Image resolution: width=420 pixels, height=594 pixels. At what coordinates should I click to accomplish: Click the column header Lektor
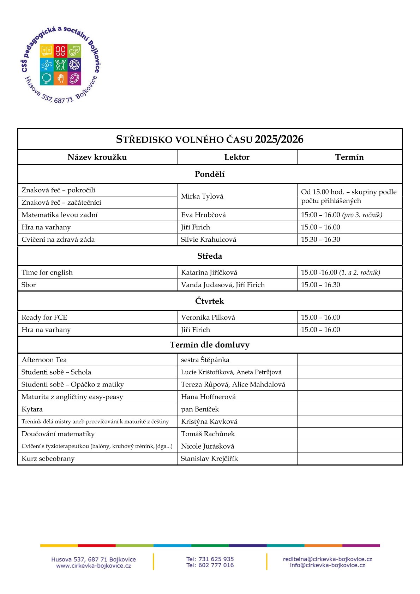(237, 157)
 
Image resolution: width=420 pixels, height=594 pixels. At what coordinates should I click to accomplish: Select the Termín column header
(349, 157)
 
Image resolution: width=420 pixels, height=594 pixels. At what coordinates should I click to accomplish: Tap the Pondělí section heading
(210, 174)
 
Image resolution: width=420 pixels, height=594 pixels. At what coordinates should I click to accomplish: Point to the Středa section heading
(210, 256)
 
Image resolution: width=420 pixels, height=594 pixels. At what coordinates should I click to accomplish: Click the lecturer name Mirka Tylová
(202, 196)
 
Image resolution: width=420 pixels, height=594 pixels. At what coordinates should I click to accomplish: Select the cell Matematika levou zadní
(59, 215)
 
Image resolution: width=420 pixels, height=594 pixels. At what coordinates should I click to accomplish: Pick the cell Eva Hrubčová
(203, 215)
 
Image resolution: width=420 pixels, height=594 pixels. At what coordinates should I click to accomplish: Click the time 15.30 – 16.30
(320, 239)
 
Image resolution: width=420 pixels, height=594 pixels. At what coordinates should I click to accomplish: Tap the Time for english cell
(47, 272)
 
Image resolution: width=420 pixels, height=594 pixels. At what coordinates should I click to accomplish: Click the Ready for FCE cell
(44, 317)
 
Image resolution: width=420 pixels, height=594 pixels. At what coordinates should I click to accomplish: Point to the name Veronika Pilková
(208, 317)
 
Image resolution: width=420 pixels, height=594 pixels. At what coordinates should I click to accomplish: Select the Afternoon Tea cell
(44, 360)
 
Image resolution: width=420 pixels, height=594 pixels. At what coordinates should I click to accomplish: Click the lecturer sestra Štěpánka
(205, 360)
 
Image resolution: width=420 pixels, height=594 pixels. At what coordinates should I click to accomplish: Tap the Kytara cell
(32, 409)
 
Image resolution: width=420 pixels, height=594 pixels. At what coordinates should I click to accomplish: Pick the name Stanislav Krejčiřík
(209, 458)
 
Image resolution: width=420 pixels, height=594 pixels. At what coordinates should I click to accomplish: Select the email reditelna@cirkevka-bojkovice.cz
(328, 559)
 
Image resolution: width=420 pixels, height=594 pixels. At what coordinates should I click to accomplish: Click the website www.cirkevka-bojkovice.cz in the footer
(94, 566)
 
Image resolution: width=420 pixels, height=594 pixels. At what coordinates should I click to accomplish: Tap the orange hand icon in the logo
(61, 78)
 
